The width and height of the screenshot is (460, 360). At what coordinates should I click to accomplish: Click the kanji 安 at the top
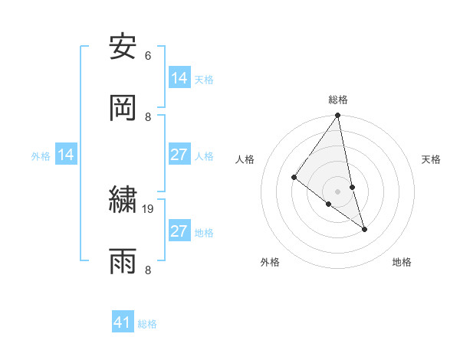[x=123, y=47]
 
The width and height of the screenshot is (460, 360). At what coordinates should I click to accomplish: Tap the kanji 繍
[x=123, y=200]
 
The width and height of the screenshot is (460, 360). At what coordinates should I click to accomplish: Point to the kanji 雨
[x=123, y=261]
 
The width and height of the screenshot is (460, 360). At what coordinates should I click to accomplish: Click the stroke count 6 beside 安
[x=147, y=55]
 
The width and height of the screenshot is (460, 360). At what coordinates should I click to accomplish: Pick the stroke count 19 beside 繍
[x=148, y=208]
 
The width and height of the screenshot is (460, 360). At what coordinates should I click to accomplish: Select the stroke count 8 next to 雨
[x=147, y=270]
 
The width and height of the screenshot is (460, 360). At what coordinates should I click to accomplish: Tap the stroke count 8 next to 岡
[x=147, y=116]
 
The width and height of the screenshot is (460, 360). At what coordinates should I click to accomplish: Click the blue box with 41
[x=123, y=323]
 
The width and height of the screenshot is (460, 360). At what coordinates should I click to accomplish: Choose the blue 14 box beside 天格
[x=179, y=78]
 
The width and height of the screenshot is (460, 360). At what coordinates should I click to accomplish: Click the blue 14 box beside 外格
[x=66, y=155]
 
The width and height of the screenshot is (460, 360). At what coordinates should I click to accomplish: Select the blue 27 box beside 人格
[x=179, y=155]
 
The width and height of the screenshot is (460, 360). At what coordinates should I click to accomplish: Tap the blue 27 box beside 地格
[x=179, y=231]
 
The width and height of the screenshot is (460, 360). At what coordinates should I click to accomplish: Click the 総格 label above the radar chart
[x=338, y=100]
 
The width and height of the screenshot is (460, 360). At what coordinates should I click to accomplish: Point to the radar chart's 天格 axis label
[x=431, y=159]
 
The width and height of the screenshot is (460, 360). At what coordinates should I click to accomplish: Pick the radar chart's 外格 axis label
[x=270, y=263]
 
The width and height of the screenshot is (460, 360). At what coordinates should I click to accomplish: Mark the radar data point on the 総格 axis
[x=338, y=116]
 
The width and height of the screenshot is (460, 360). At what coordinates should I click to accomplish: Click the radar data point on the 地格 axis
[x=364, y=228]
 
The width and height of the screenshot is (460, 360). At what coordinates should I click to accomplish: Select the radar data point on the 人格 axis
[x=294, y=178]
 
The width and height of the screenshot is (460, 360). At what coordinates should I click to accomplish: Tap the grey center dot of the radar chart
[x=338, y=191]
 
